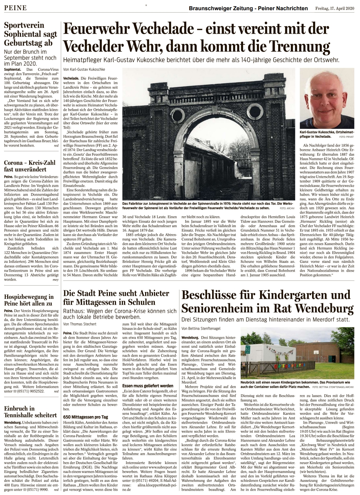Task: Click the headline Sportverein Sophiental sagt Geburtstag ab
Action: point(30,34)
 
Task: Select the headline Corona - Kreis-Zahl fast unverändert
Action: point(30,166)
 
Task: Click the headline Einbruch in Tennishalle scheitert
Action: point(30,412)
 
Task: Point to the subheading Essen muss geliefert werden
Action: point(148,386)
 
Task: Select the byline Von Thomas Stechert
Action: point(79,324)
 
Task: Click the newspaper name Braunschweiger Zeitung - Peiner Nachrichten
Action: point(248,8)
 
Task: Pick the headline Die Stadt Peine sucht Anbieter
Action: point(116,293)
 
